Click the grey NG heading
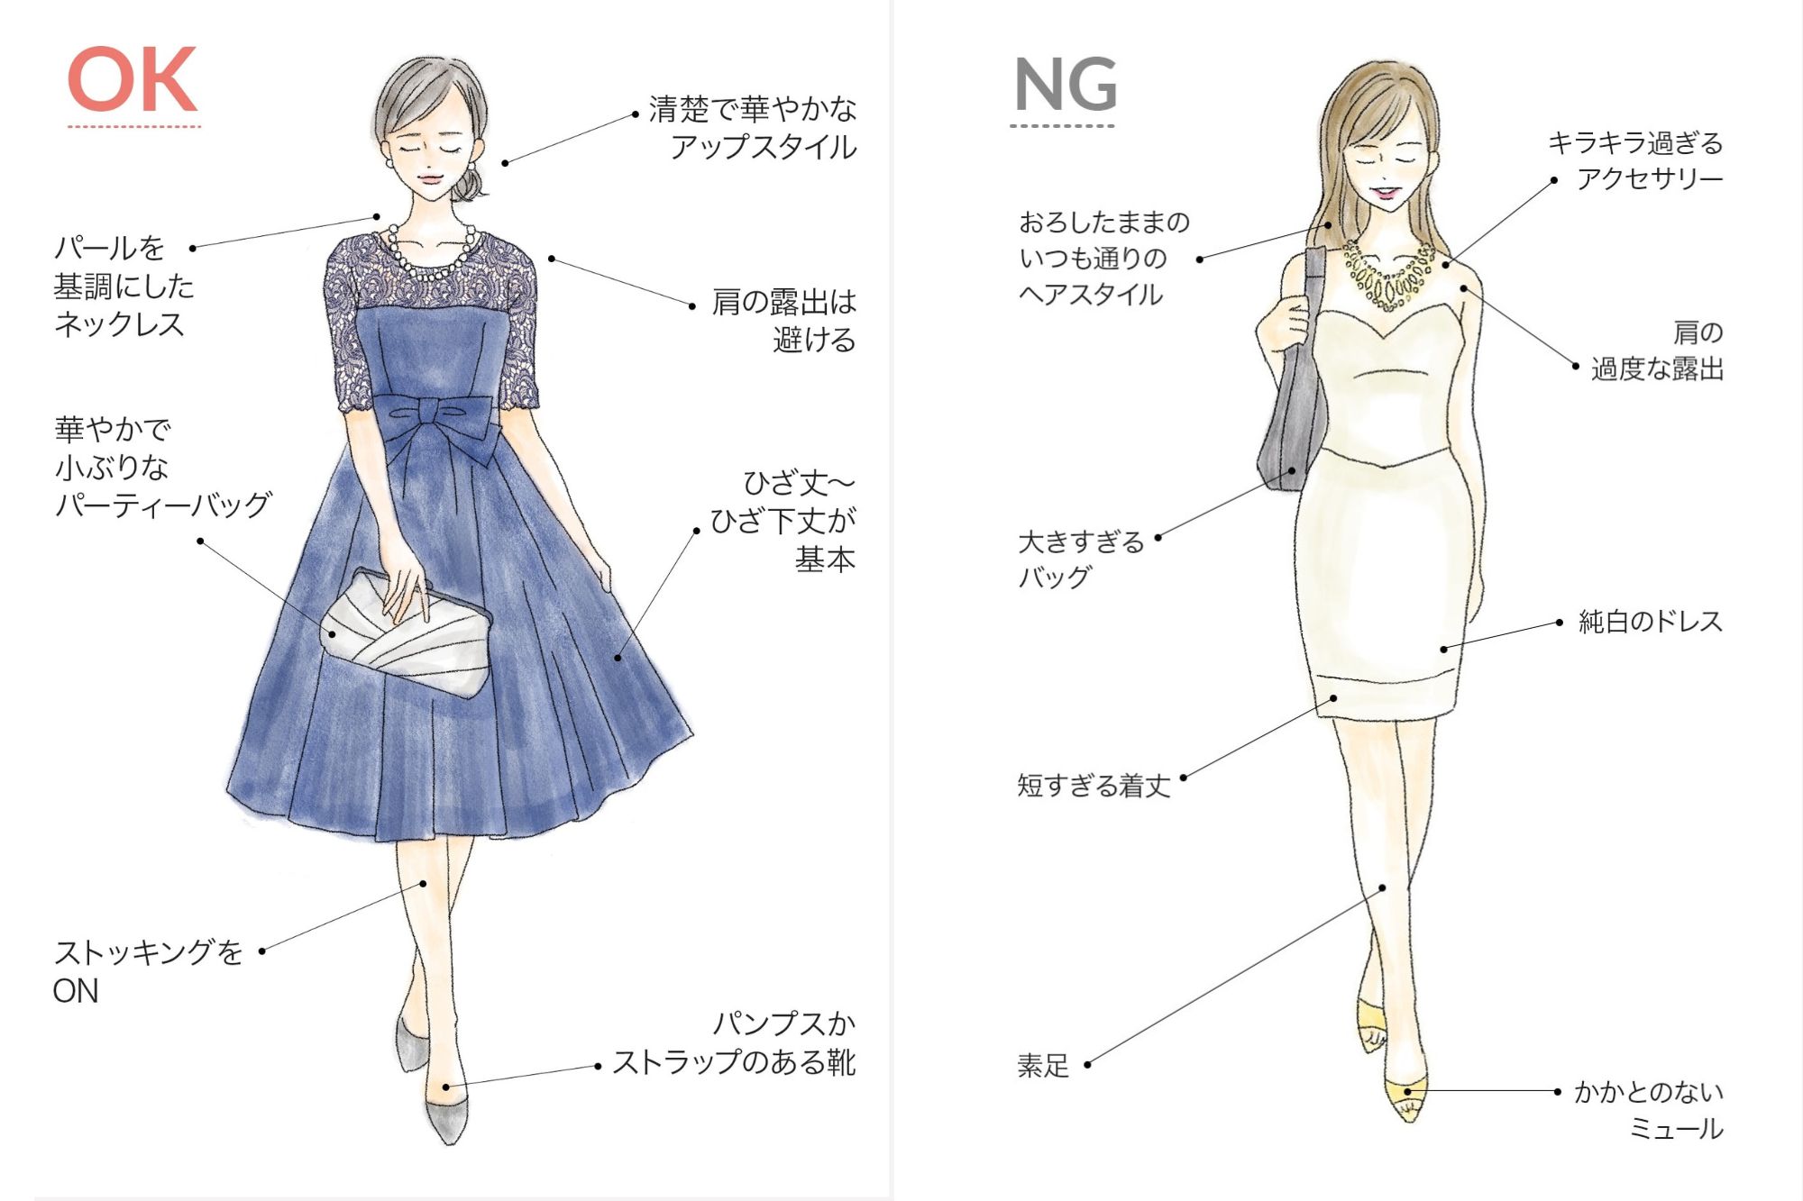[x=1066, y=85]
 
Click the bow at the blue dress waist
[x=442, y=423]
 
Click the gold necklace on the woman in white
[x=1388, y=275]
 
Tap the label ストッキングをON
[x=147, y=971]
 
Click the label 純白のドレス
[x=1650, y=622]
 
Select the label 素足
[x=1043, y=1066]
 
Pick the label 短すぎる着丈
[x=1094, y=786]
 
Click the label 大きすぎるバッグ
[x=1080, y=560]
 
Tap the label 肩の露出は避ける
[x=783, y=321]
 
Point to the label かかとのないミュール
[x=1649, y=1110]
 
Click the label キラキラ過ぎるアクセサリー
[x=1635, y=160]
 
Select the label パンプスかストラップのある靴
[x=734, y=1043]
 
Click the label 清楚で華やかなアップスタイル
[x=752, y=128]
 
